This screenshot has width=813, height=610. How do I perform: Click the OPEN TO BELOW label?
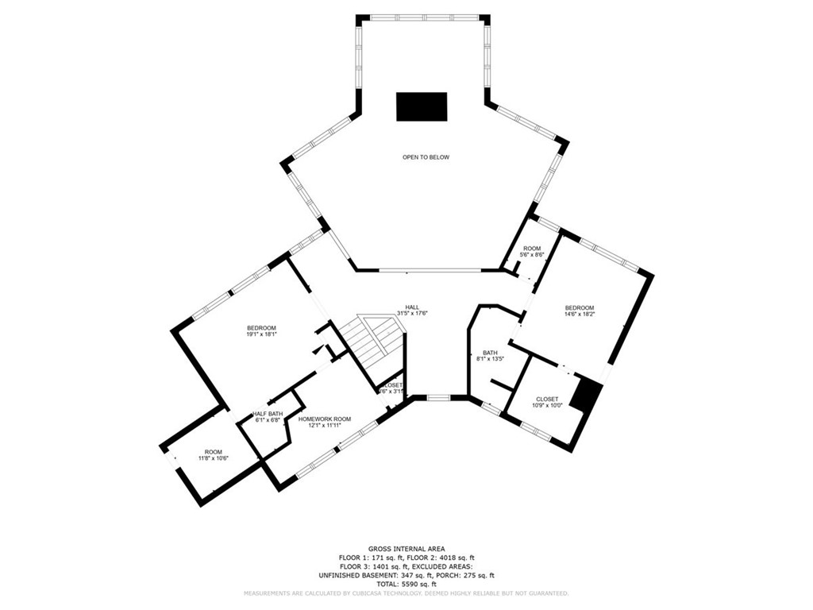(x=426, y=157)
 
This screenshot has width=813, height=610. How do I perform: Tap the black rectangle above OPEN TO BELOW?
(x=422, y=106)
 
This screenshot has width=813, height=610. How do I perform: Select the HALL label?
(x=412, y=307)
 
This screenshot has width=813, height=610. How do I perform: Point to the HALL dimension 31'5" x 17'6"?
(x=412, y=314)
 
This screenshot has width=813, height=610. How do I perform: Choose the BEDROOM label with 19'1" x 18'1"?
(x=260, y=328)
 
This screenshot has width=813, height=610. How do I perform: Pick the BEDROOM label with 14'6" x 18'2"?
(x=579, y=307)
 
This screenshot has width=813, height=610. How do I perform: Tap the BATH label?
(x=489, y=353)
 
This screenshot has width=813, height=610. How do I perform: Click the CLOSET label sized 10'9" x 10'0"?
(x=547, y=399)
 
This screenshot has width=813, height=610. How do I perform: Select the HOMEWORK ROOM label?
(x=325, y=419)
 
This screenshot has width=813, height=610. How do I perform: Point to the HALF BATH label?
(x=268, y=413)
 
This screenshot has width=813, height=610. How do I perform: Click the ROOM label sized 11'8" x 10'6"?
(x=214, y=452)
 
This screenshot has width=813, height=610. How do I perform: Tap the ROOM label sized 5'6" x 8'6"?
(x=531, y=249)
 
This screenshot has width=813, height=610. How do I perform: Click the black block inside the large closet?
(x=588, y=394)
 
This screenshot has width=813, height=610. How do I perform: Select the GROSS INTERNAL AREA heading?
(x=406, y=549)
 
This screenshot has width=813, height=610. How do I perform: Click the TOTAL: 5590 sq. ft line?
(x=406, y=584)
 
